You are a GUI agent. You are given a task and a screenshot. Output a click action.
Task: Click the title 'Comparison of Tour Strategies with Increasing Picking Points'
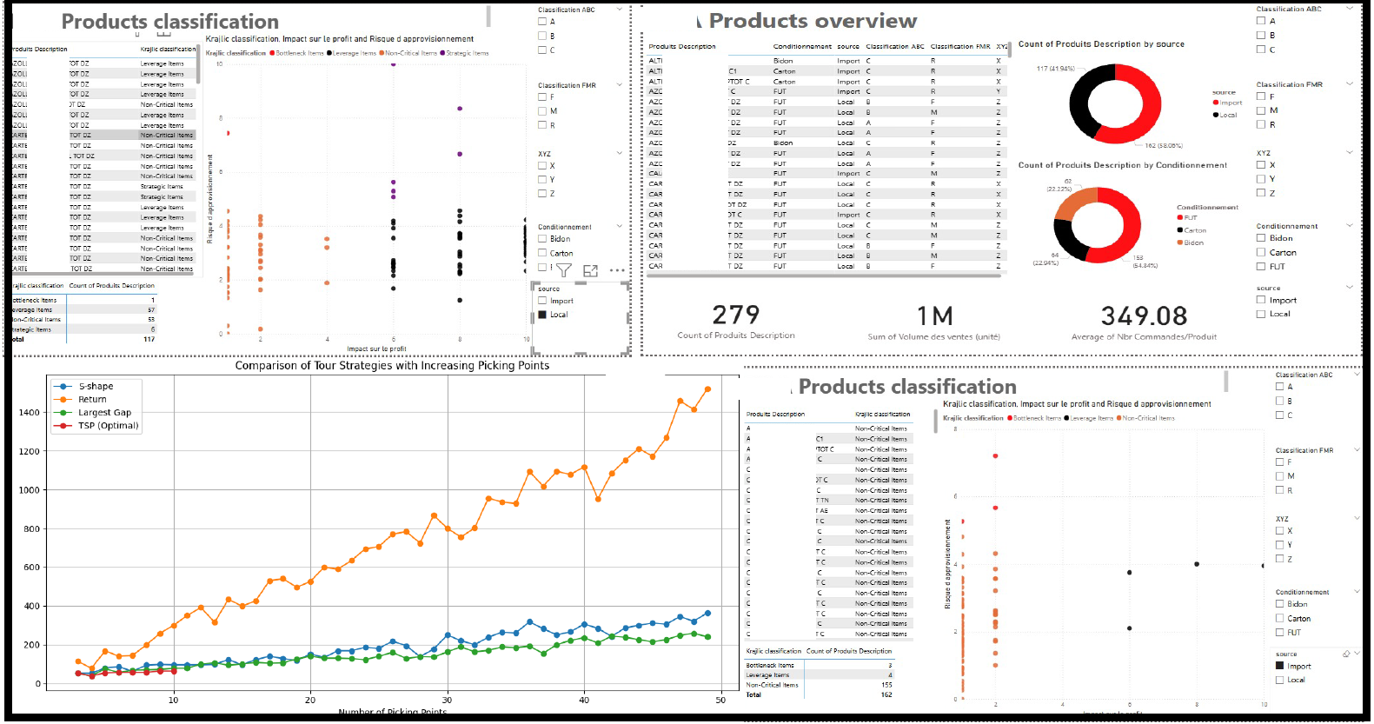392,366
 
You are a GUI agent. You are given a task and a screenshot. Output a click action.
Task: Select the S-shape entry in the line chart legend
96,387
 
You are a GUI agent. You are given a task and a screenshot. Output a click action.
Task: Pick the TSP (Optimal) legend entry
108,426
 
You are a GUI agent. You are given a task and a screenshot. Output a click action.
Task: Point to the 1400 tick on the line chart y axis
29,413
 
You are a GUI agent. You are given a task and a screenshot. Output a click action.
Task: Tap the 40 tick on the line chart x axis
584,701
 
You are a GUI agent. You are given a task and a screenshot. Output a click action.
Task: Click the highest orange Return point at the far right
707,389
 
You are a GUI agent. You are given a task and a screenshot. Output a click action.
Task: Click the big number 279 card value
735,315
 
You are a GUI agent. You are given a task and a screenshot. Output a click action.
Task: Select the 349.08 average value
1144,316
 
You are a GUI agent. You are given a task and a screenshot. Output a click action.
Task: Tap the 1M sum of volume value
934,316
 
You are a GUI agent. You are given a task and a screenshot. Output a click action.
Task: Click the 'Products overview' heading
813,21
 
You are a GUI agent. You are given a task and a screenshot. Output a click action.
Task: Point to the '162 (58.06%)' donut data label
1164,146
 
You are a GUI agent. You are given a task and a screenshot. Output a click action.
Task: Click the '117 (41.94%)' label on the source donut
1055,69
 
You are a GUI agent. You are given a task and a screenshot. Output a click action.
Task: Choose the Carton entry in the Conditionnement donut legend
1195,230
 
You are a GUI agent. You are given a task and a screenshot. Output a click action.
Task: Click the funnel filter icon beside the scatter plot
564,271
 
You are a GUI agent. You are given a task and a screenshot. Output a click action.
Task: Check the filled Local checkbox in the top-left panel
542,315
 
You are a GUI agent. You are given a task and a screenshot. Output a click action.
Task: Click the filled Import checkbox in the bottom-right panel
1280,667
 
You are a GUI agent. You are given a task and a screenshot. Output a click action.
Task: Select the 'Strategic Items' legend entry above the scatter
468,53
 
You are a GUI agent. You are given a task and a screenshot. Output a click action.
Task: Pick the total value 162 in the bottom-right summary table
886,694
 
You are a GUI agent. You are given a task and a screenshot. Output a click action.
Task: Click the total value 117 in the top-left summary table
149,339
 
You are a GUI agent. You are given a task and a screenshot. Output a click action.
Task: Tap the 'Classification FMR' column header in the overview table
959,47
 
